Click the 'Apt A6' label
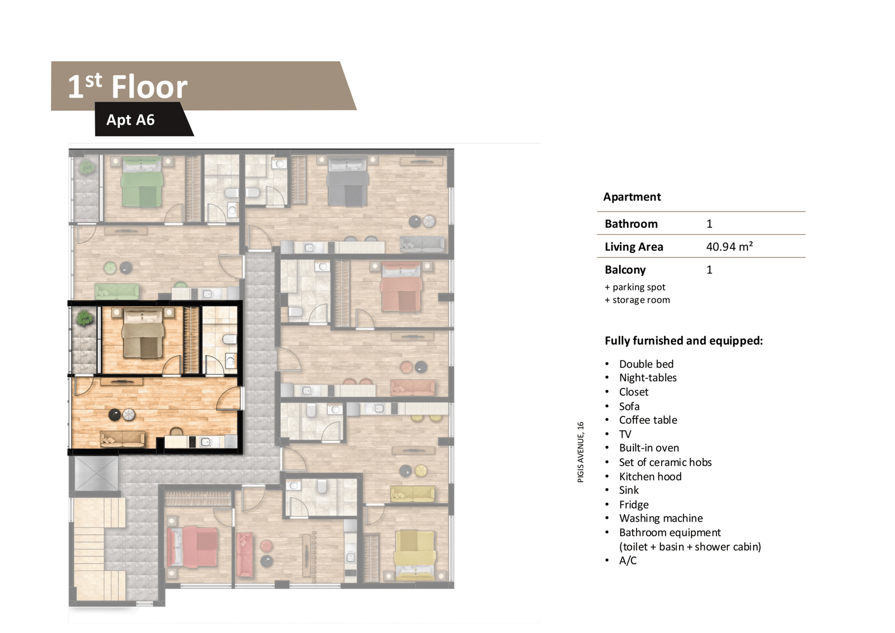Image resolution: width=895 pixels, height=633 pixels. click(x=130, y=120)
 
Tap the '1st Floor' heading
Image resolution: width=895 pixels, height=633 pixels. click(x=128, y=86)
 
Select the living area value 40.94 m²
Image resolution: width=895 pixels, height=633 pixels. click(x=729, y=246)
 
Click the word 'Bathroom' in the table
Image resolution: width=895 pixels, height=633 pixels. click(x=631, y=223)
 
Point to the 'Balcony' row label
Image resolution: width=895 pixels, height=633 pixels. click(x=625, y=270)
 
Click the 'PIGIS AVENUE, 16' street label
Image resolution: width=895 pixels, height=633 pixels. click(x=581, y=452)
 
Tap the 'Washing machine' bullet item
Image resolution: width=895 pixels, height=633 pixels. click(x=661, y=518)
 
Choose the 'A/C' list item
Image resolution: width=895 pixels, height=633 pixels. click(x=628, y=561)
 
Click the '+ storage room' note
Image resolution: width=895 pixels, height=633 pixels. click(x=637, y=300)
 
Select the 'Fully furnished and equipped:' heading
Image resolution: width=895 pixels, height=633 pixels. click(x=684, y=341)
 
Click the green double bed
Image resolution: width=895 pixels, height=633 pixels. click(x=142, y=181)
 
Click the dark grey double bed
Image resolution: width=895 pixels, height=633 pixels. click(x=347, y=181)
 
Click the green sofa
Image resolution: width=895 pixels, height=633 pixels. click(x=117, y=292)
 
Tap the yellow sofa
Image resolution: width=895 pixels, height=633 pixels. click(x=413, y=494)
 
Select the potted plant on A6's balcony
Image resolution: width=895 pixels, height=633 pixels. click(x=84, y=318)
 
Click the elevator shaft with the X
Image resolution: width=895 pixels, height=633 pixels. click(x=96, y=473)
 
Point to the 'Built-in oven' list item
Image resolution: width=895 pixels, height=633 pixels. click(x=649, y=448)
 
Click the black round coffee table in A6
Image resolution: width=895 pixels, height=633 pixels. click(x=115, y=415)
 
